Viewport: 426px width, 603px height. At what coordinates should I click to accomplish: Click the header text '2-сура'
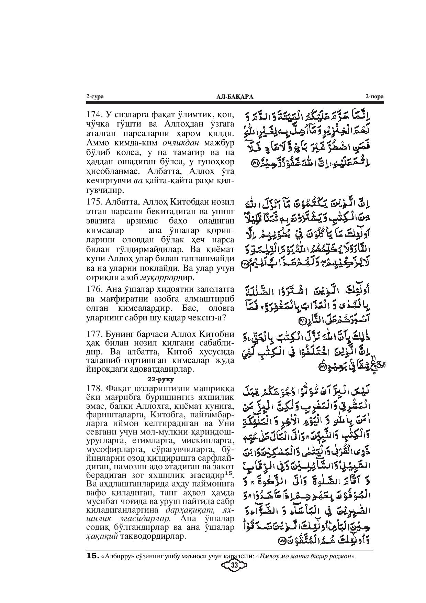pos(95,97)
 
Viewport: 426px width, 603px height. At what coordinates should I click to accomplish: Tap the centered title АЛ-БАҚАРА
pos(235,97)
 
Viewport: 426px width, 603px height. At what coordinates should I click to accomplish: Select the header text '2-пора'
pos(374,97)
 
